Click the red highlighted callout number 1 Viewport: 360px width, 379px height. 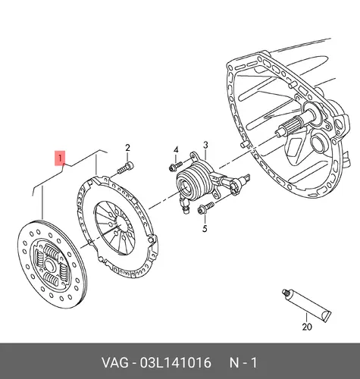[60, 158]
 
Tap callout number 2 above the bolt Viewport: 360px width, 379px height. [127, 148]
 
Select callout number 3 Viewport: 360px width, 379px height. [205, 146]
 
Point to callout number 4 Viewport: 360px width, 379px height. [176, 149]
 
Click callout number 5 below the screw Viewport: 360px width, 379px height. [205, 228]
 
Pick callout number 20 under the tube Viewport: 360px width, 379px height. [307, 327]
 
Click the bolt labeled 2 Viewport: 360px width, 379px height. [126, 168]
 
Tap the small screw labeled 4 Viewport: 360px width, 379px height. [176, 166]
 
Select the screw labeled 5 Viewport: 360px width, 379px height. [205, 207]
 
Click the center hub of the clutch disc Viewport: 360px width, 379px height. [49, 265]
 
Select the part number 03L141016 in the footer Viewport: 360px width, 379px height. [175, 363]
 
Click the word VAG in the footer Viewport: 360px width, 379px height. [114, 363]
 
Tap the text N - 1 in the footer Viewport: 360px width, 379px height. [243, 363]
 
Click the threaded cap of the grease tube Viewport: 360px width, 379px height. [286, 293]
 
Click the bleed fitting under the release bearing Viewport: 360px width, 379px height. [183, 205]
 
